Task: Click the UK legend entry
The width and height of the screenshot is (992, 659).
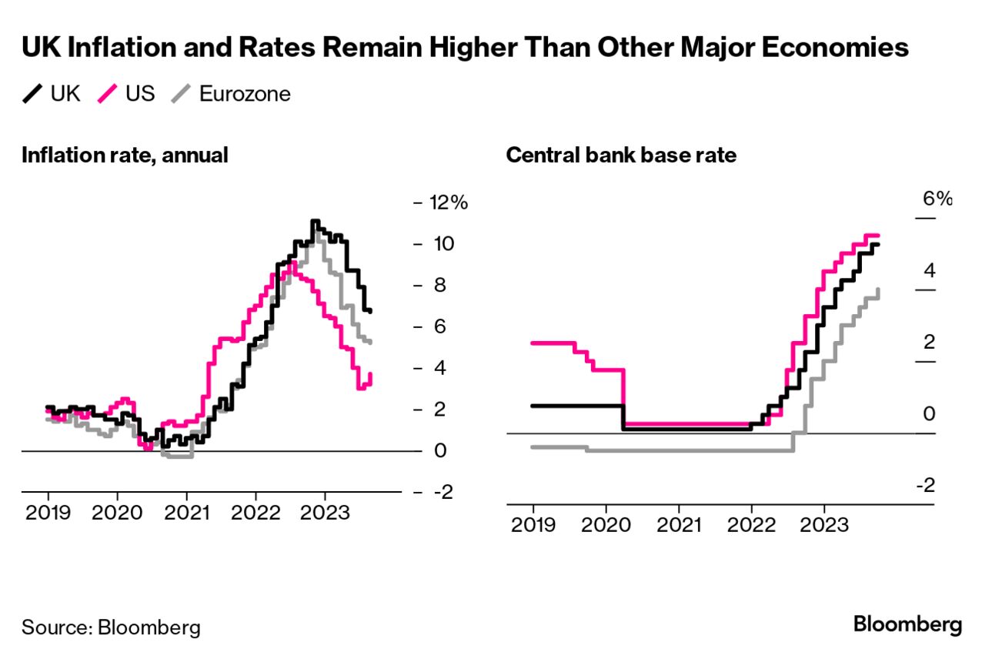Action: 52,94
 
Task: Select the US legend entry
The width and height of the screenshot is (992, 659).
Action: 126,94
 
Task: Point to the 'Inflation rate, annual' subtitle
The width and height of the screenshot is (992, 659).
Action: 125,155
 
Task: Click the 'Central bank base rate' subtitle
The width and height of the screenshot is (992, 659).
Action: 621,155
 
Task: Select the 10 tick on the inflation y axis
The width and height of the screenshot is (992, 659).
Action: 442,244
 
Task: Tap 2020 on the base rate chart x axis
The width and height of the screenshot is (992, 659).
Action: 606,525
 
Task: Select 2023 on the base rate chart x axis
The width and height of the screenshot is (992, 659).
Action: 825,525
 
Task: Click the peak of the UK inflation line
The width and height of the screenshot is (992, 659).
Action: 314,221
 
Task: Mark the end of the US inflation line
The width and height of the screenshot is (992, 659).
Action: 370,374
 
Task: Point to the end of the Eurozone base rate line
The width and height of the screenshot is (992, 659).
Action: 879,289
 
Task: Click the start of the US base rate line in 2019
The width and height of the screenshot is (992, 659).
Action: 533,343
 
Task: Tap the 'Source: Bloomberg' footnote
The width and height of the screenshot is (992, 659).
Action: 111,627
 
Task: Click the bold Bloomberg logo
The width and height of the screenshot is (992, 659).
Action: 907,624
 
